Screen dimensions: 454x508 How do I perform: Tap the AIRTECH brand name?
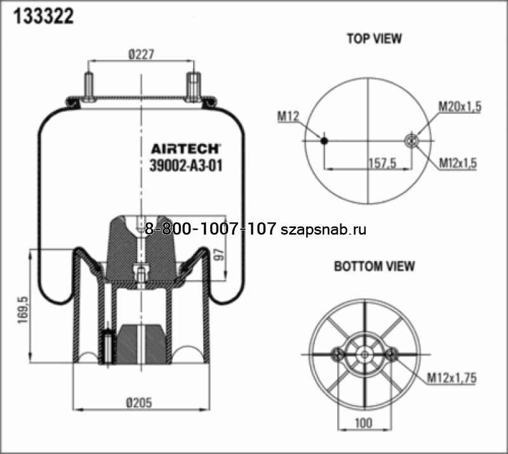point(185,149)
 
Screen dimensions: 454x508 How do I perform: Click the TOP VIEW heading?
point(373,38)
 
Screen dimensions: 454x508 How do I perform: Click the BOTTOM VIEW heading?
point(374,266)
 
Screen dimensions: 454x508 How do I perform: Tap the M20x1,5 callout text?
point(459,107)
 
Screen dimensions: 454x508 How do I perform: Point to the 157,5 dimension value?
point(382,163)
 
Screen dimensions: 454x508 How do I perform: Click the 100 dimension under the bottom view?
point(364,422)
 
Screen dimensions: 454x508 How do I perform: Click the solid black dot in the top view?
point(324,141)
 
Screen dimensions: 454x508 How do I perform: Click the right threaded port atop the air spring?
point(192,86)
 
